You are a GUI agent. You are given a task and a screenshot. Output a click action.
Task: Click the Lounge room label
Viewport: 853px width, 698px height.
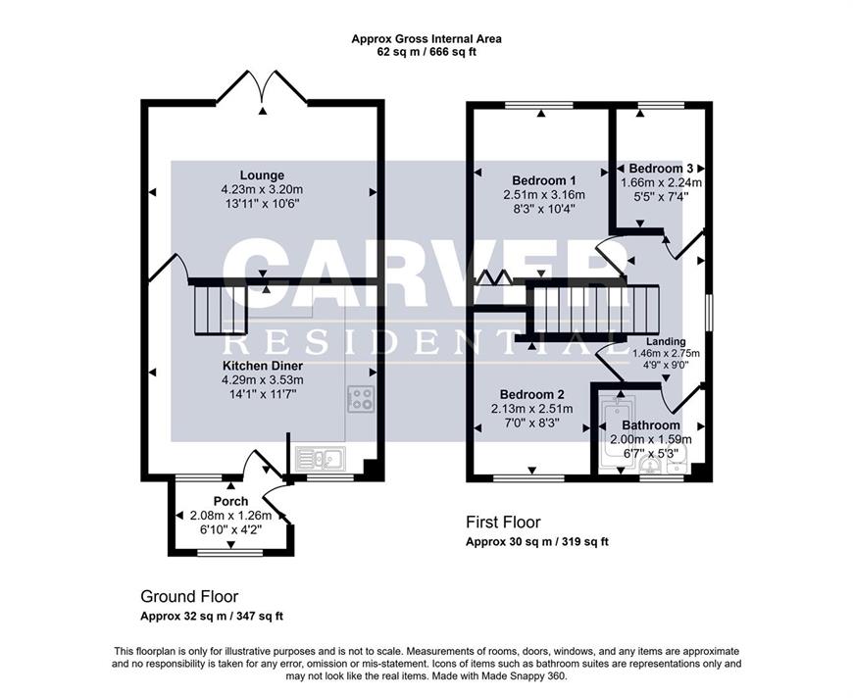tap(262, 175)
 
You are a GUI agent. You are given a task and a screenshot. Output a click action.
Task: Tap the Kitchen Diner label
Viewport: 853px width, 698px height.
tap(263, 366)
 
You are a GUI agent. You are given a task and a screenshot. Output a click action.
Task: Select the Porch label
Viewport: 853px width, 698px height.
tap(230, 501)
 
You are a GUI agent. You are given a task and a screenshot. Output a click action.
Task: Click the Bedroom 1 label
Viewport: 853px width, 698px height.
tap(544, 180)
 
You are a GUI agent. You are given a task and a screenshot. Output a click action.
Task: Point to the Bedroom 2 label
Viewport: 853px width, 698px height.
tap(532, 394)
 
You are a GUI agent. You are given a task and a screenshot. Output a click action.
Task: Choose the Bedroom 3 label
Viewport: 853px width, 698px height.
tap(661, 169)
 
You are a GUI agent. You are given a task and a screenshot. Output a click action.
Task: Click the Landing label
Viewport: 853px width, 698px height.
tap(666, 342)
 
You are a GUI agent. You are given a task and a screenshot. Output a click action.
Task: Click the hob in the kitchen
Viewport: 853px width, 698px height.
tap(361, 399)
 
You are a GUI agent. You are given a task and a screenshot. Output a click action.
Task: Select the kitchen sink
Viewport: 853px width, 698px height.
tap(321, 459)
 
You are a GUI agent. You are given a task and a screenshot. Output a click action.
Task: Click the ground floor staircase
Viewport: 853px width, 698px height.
tap(220, 309)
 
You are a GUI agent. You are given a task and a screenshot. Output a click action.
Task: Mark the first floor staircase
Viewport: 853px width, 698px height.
tap(596, 310)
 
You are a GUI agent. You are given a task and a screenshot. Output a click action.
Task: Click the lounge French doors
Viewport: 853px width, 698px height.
tap(262, 87)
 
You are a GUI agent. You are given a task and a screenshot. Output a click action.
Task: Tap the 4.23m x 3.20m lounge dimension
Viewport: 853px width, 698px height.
tap(262, 190)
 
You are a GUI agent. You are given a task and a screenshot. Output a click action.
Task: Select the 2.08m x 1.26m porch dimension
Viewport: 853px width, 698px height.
tap(230, 516)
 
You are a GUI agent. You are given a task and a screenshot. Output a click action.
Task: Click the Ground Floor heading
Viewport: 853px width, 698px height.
tap(189, 596)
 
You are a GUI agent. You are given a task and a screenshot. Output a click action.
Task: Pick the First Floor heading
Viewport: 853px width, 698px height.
tap(503, 523)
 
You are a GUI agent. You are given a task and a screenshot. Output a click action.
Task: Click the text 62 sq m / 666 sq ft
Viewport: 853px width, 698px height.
tap(426, 53)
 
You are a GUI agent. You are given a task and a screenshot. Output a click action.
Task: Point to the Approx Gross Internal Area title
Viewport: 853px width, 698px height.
tap(426, 39)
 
